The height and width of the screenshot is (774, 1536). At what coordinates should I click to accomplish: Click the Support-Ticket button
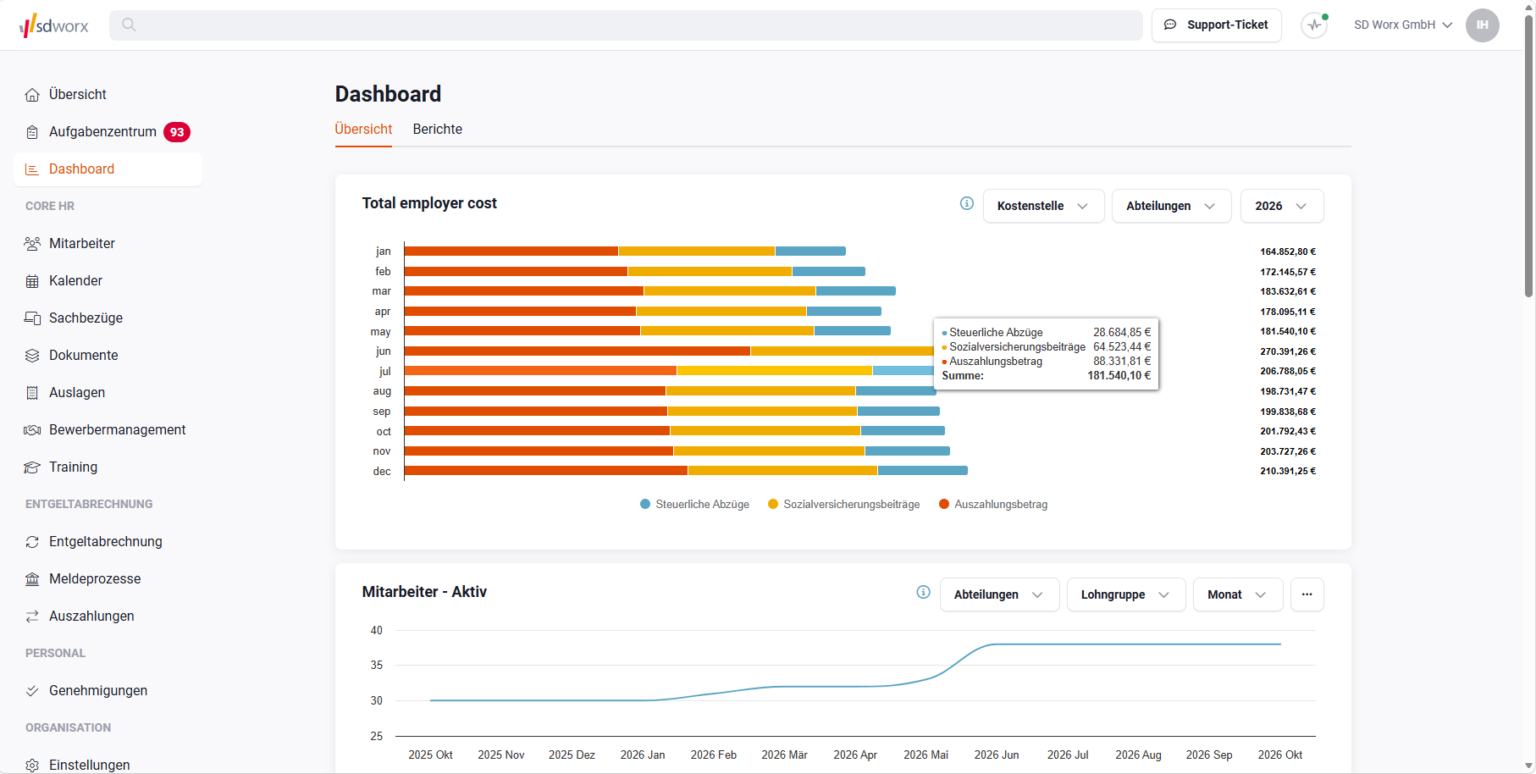1216,25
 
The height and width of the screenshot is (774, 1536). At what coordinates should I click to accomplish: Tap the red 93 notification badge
177,132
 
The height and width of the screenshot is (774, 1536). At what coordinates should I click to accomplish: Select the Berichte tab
438,130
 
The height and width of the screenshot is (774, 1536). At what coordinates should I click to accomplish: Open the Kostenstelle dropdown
1043,206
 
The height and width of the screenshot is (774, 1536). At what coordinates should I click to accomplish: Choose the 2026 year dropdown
1282,206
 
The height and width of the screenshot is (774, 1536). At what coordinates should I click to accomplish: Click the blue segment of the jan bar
810,252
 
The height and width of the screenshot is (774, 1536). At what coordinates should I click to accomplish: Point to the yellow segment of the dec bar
782,471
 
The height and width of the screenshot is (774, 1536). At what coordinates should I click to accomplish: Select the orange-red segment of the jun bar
577,351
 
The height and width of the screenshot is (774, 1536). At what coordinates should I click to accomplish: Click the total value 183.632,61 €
1288,291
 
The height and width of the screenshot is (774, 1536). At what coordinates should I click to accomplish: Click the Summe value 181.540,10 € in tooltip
1119,376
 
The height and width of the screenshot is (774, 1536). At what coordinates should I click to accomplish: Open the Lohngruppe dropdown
1125,594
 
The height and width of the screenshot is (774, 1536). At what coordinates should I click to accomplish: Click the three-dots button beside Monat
1307,594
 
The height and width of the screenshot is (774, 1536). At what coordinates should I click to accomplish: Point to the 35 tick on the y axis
377,666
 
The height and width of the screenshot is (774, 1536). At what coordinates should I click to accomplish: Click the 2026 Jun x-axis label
997,755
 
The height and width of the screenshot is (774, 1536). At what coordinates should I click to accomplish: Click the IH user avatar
1483,25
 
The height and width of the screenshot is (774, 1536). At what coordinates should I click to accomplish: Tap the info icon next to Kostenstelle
967,203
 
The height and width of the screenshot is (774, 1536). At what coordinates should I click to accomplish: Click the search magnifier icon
129,25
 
